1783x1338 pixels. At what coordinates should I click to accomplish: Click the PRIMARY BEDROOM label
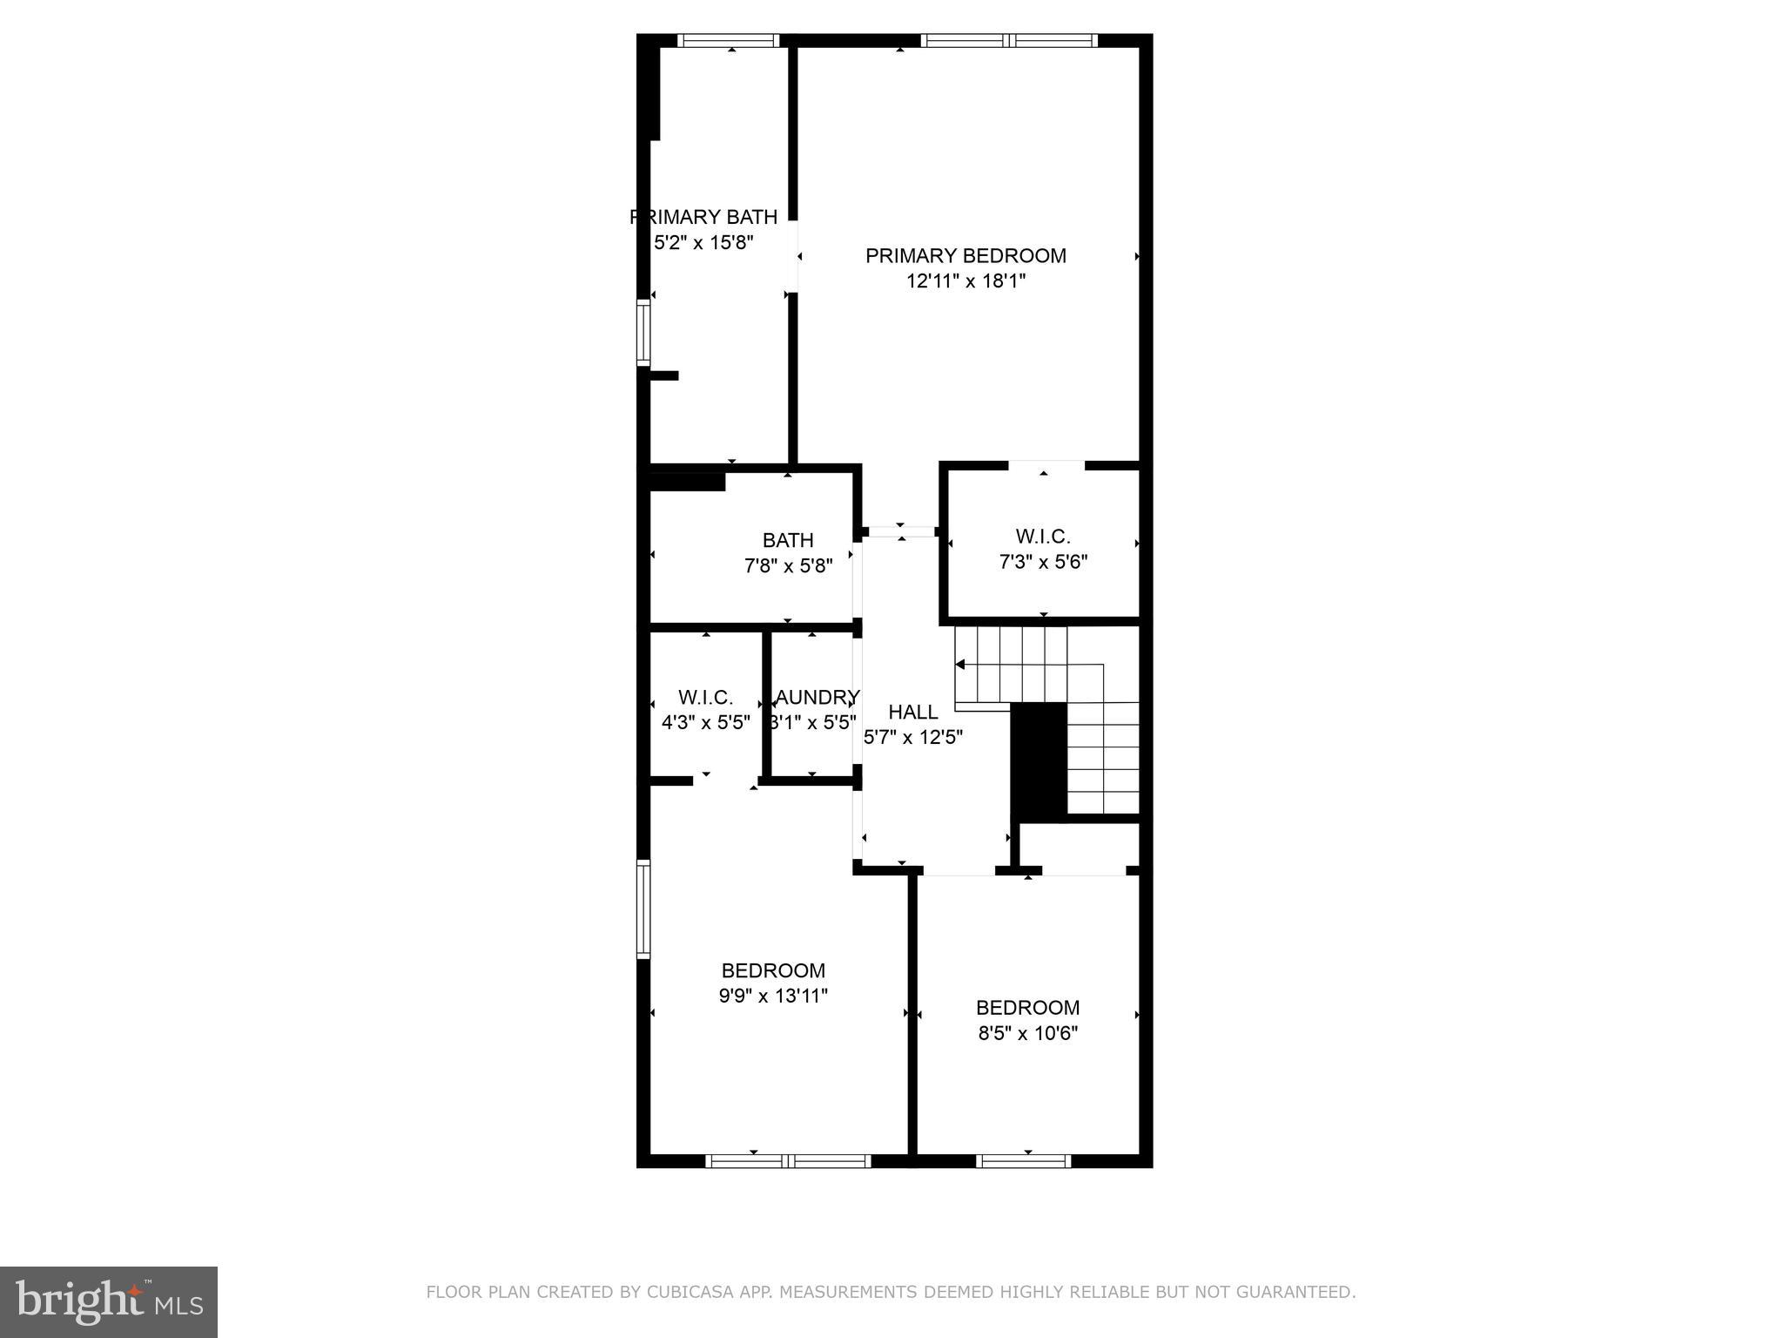click(x=966, y=256)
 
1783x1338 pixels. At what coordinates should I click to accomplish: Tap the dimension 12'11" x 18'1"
click(x=966, y=281)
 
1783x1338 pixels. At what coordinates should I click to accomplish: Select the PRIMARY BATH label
click(x=703, y=217)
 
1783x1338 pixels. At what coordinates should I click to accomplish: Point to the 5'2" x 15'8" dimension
click(x=703, y=242)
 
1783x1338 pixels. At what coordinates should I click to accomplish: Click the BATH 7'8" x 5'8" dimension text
click(x=788, y=566)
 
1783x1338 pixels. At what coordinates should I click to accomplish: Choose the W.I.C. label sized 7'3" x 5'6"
click(x=1043, y=537)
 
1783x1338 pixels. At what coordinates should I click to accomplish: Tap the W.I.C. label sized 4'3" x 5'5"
click(x=705, y=698)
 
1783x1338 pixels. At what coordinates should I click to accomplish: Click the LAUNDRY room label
click(x=816, y=698)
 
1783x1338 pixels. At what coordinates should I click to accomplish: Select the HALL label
click(x=912, y=713)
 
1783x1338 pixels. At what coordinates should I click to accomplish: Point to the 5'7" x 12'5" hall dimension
click(x=912, y=738)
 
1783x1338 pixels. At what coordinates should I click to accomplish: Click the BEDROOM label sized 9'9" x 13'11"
click(x=773, y=970)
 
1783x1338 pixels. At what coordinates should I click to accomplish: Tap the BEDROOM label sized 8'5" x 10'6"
click(x=1027, y=1008)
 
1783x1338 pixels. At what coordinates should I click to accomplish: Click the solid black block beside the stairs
click(x=1039, y=760)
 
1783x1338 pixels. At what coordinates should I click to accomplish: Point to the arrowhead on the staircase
click(x=960, y=665)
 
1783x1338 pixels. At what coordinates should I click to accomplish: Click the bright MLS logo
click(x=108, y=1301)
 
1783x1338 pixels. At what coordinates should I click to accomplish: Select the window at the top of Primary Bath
click(x=728, y=40)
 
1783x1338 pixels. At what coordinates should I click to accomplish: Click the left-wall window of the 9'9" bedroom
click(x=643, y=909)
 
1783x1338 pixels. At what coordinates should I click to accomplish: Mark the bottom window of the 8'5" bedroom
click(x=1023, y=1160)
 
